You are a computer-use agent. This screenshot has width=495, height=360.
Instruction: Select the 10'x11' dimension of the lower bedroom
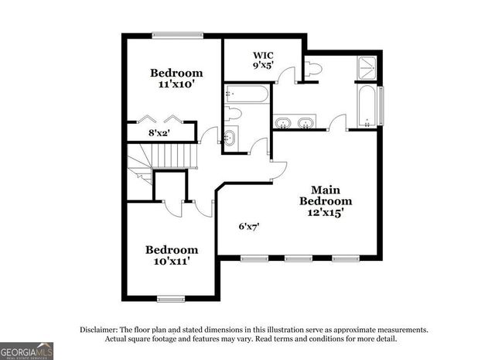point(171,262)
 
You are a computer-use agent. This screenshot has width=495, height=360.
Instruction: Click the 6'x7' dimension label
point(247,227)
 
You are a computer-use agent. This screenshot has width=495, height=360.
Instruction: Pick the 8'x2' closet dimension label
point(159,132)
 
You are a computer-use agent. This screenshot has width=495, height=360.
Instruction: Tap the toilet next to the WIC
point(313,68)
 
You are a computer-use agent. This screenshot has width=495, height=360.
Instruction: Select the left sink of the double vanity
point(284,123)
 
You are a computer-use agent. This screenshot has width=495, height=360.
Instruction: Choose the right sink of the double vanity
point(307,123)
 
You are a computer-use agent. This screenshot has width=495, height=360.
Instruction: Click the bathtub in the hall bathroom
point(247,95)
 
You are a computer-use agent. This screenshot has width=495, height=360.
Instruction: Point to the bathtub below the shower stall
point(367,108)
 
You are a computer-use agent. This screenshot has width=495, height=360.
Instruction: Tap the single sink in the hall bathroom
point(230,139)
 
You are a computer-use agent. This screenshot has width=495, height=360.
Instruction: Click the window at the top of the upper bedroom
point(177,34)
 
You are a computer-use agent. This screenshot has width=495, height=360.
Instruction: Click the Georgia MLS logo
point(26,351)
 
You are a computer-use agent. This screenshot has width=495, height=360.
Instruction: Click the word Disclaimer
point(99,330)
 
